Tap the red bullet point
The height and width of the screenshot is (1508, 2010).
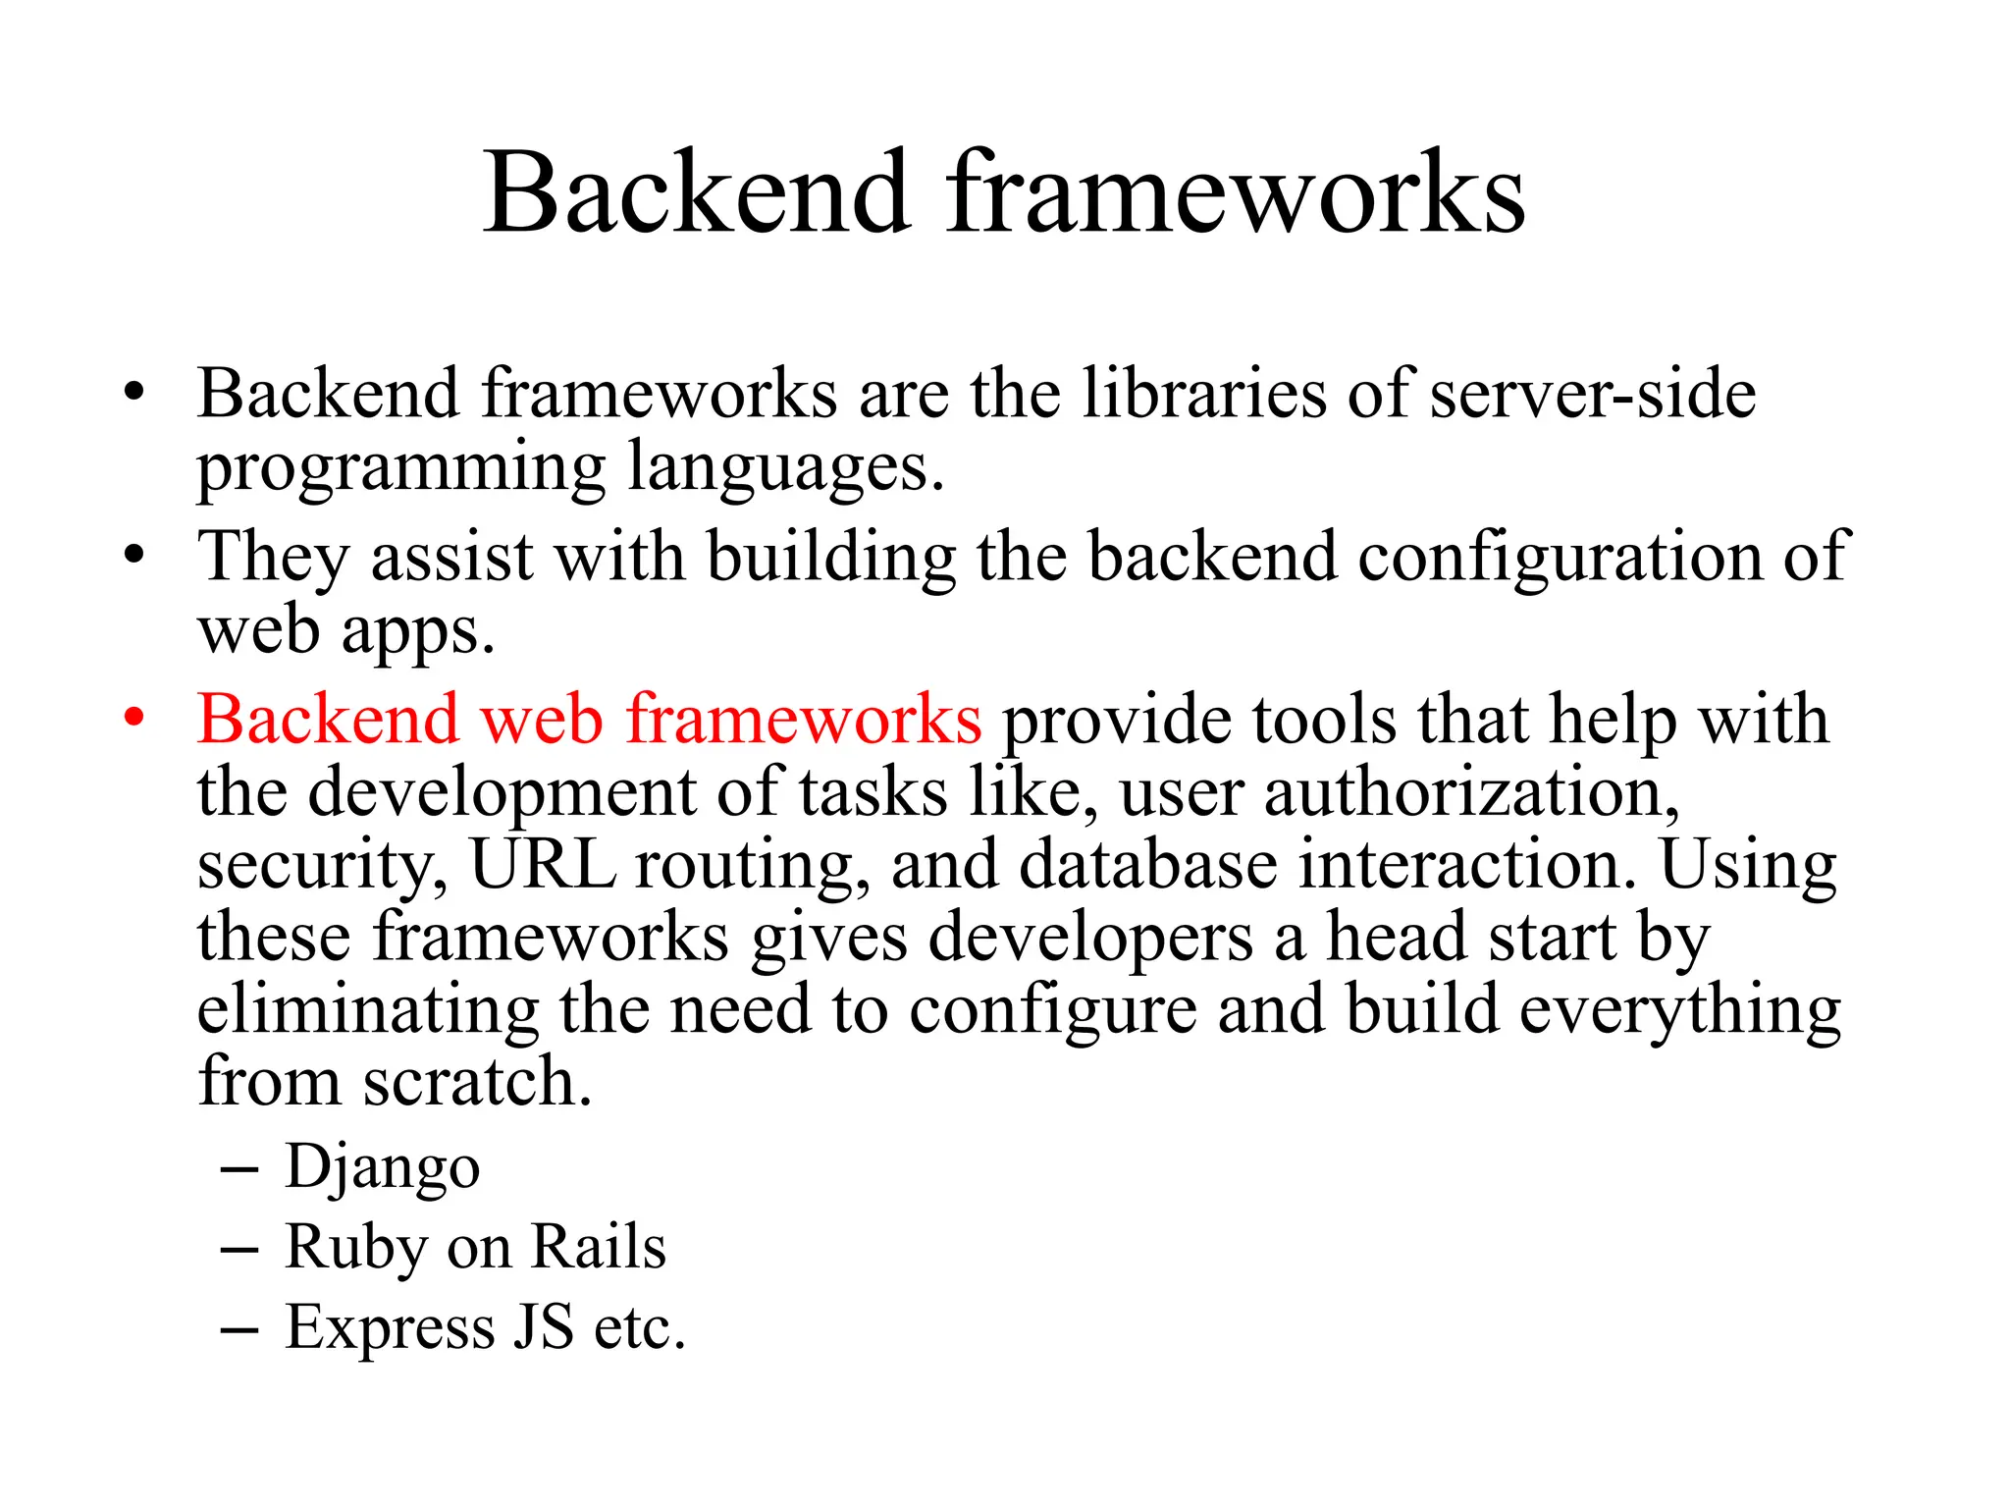pyautogui.click(x=133, y=718)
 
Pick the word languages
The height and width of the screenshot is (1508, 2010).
pyautogui.click(x=785, y=468)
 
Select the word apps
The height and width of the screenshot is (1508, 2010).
pyautogui.click(x=417, y=631)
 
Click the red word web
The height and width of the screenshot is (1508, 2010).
pyautogui.click(x=541, y=720)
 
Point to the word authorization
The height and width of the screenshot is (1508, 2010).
pyautogui.click(x=1471, y=791)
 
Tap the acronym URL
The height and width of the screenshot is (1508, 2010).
pyautogui.click(x=543, y=864)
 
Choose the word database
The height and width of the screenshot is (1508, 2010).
pyautogui.click(x=1148, y=864)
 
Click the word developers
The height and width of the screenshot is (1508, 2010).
pyautogui.click(x=1090, y=938)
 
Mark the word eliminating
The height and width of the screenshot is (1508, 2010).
pyautogui.click(x=368, y=1009)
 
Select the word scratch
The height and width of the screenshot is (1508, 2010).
pyautogui.click(x=477, y=1081)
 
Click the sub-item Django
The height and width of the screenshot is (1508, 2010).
pyautogui.click(x=382, y=1167)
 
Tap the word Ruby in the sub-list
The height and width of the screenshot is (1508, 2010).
pyautogui.click(x=355, y=1248)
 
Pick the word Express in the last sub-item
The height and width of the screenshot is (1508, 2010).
pyautogui.click(x=390, y=1327)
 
